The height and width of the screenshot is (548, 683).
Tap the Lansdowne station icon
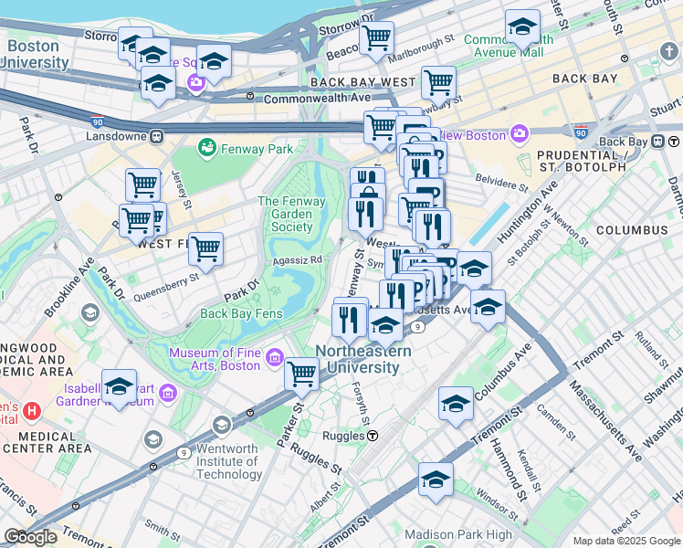tap(156, 136)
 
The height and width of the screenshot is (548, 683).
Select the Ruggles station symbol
tap(373, 437)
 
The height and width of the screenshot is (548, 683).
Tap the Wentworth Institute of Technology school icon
tap(222, 426)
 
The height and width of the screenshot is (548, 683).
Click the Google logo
tap(30, 537)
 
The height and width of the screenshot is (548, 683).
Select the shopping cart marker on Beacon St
tap(375, 37)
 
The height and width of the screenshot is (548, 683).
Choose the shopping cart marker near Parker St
tap(301, 373)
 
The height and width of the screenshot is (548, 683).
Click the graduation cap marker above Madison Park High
tap(436, 479)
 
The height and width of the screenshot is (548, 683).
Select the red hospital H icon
tap(33, 411)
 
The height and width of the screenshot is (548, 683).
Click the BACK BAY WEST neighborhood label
tap(363, 81)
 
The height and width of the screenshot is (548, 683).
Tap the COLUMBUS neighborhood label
tap(632, 230)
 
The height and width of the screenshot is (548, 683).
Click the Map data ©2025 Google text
tap(626, 541)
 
